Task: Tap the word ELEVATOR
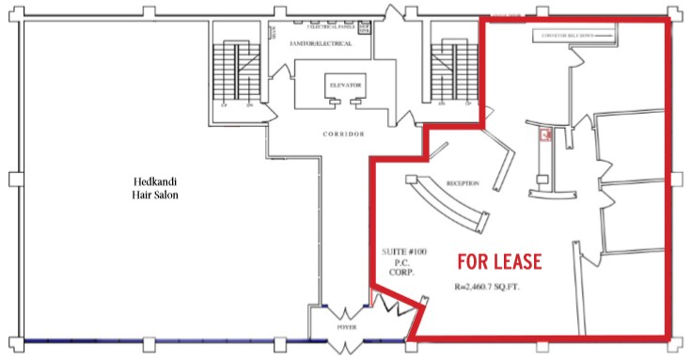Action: [x=343, y=85]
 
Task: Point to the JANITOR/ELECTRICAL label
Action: [x=315, y=43]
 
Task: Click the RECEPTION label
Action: [x=463, y=183]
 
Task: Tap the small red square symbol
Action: [x=543, y=136]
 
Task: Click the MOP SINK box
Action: [x=365, y=25]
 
